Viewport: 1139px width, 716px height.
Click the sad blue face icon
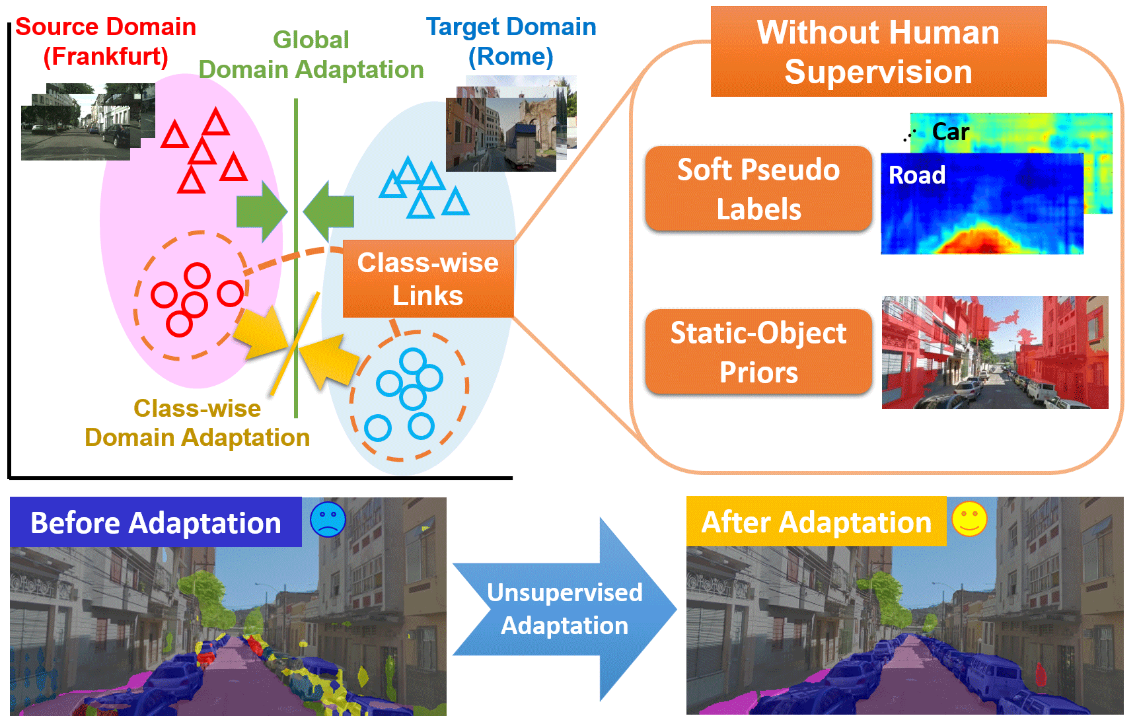click(x=328, y=519)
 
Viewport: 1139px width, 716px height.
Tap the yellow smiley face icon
click(x=969, y=519)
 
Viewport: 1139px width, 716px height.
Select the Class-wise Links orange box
click(x=428, y=279)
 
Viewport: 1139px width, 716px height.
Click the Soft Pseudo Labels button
click(x=758, y=190)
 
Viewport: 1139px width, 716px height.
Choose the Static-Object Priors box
click(x=758, y=353)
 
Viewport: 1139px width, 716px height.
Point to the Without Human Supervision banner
click(x=878, y=52)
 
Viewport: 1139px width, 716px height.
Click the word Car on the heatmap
click(x=950, y=132)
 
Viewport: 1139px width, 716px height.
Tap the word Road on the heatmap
click(x=917, y=175)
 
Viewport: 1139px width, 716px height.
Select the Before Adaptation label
click(x=156, y=522)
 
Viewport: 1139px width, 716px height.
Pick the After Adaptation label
click(x=816, y=522)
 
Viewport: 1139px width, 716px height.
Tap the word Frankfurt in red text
click(x=106, y=57)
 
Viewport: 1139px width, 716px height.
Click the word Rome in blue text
click(x=511, y=57)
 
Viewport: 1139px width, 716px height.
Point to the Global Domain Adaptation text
click(x=311, y=55)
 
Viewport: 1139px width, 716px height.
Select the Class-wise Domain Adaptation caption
click(x=197, y=423)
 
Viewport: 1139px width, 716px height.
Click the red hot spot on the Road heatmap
click(x=982, y=241)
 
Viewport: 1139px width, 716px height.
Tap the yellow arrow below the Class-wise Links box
click(x=332, y=362)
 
